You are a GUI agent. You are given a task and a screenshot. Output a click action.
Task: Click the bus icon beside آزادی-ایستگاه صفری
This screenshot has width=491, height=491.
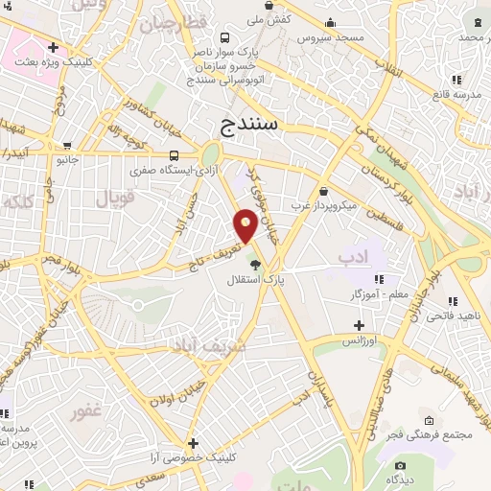click(x=175, y=155)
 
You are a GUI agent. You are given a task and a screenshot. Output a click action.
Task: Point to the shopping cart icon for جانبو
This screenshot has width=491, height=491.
click(x=67, y=147)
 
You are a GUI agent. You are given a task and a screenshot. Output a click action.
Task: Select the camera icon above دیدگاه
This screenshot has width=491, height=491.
click(x=400, y=465)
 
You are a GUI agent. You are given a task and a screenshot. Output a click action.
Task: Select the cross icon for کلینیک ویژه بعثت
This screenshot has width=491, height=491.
click(x=53, y=47)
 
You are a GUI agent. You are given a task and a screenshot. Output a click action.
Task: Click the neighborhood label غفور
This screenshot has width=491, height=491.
click(x=87, y=412)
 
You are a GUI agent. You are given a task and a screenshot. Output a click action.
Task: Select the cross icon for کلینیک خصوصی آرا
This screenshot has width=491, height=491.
click(x=194, y=443)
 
